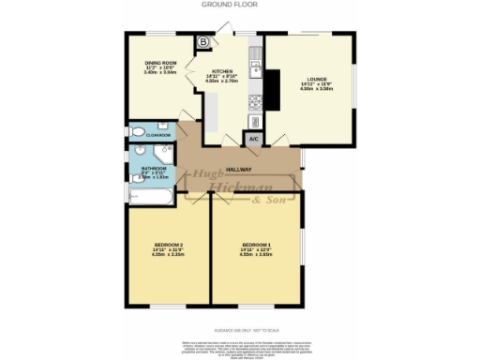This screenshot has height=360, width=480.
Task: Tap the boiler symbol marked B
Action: (x=203, y=41)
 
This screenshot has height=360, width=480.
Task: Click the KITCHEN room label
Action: (x=222, y=71)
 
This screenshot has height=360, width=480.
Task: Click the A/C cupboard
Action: (x=252, y=140)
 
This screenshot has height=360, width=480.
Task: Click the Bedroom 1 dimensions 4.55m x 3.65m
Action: (x=256, y=256)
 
